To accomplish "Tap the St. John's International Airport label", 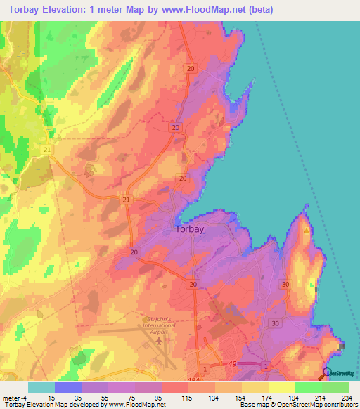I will [x=161, y=322].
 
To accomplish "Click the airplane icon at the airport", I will [x=160, y=339].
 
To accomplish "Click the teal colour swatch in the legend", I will [x=41, y=387].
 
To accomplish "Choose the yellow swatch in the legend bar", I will [x=281, y=387].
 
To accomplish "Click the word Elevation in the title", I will [x=67, y=10].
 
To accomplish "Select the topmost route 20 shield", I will [x=191, y=67].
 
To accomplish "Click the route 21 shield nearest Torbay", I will [x=127, y=200].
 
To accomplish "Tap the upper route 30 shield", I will [x=285, y=284].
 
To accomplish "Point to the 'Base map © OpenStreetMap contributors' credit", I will [x=299, y=405].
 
